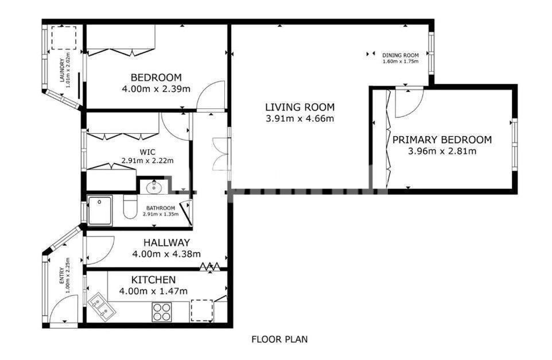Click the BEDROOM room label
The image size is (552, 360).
(156, 77)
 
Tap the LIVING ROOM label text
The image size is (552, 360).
(300, 107)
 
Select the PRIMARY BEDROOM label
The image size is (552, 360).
(442, 140)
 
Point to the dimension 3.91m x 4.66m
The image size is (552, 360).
(300, 118)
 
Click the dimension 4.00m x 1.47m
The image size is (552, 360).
(153, 291)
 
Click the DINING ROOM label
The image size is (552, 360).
(401, 55)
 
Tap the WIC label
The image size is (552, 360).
(147, 152)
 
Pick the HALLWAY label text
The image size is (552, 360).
(166, 242)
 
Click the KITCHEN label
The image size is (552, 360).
(153, 280)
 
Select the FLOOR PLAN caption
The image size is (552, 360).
(279, 339)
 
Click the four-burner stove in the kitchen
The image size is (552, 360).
(162, 312)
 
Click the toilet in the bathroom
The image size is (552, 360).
(130, 207)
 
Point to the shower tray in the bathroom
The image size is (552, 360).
(100, 210)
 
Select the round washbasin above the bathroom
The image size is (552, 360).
(154, 187)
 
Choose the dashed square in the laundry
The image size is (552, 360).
(64, 38)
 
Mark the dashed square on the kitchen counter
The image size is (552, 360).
(202, 310)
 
